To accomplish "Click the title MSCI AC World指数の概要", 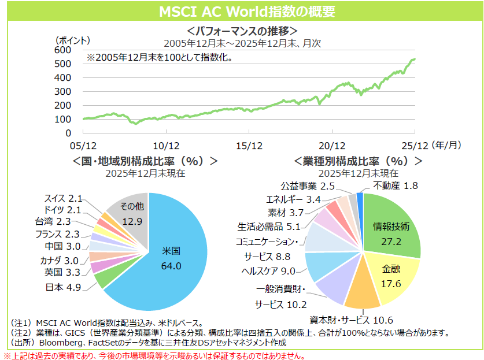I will (242, 12).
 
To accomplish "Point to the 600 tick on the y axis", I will (62, 50).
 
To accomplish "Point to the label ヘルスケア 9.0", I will (268, 270).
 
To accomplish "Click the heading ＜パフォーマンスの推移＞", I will (242, 31).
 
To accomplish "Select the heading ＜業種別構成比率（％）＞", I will (359, 160).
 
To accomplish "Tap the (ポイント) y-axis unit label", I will (73, 40).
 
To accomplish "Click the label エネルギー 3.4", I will (293, 199).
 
